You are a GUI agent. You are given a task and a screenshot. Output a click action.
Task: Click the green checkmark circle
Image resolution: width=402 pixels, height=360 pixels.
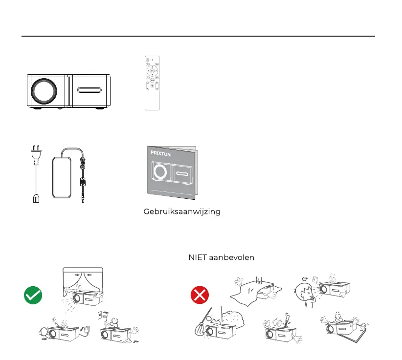pos(33,295)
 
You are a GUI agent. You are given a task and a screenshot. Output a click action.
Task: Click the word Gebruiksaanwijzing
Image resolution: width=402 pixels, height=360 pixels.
pos(181,212)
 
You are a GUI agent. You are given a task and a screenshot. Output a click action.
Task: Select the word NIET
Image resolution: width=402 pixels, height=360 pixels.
pos(198,257)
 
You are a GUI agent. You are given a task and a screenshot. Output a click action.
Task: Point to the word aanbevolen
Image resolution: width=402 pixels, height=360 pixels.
pos(231,257)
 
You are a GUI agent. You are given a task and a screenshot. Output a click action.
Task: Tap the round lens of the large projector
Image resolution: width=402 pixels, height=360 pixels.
pos(46,90)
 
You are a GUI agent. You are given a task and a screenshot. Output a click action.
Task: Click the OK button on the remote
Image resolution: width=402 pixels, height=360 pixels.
pos(152,71)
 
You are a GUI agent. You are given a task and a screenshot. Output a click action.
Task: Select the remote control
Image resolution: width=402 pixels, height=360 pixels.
pos(152,83)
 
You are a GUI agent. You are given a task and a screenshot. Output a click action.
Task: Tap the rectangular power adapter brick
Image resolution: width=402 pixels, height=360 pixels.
pos(64,173)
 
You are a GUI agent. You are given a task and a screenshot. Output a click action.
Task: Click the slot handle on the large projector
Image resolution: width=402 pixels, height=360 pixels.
pos(88,90)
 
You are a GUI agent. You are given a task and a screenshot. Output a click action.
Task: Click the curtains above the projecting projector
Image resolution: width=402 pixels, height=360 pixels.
pos(83,281)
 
